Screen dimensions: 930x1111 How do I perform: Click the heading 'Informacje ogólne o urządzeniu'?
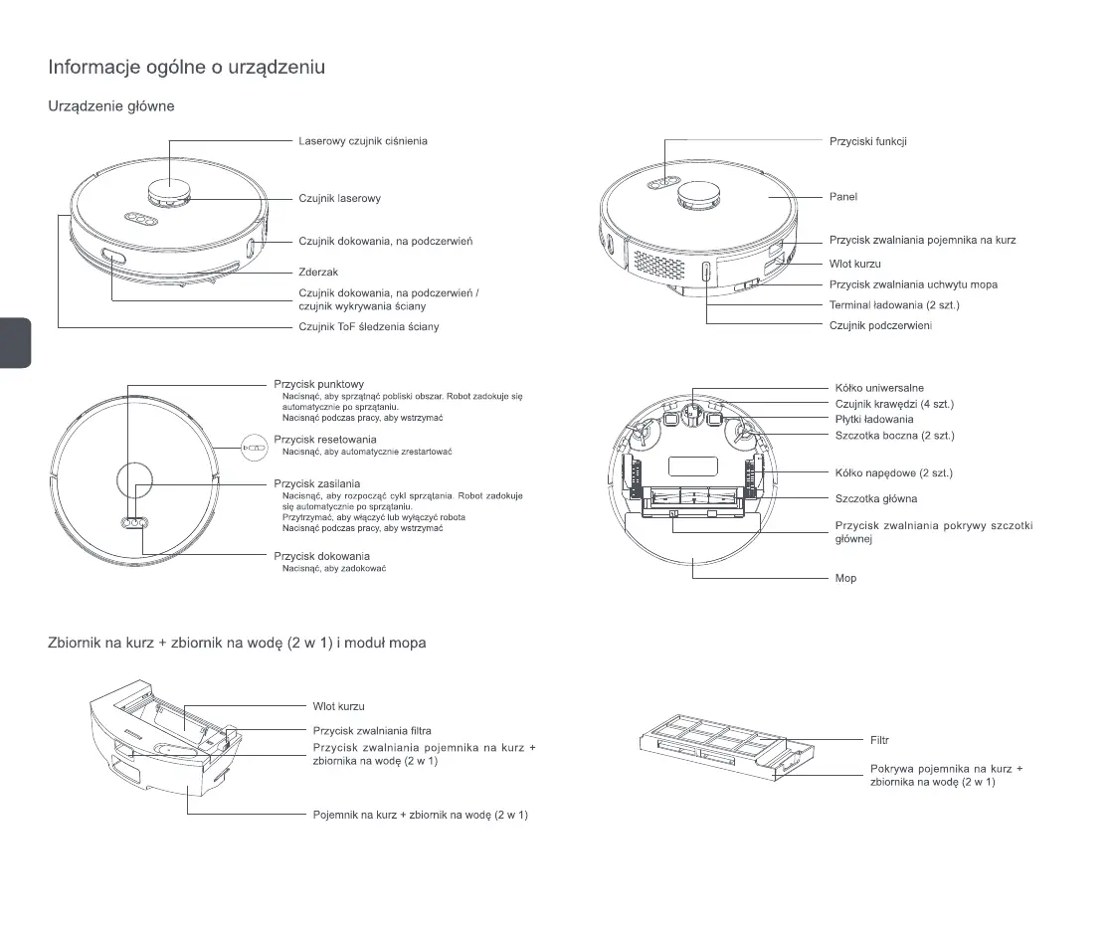[x=187, y=68]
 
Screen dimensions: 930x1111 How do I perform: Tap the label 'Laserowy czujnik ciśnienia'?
[x=363, y=141]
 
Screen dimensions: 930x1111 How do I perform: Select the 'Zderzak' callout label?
[x=318, y=272]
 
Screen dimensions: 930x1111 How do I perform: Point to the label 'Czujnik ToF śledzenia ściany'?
[x=368, y=326]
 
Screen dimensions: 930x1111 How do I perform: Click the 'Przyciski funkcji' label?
[x=867, y=141]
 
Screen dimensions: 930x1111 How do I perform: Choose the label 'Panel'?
[x=842, y=197]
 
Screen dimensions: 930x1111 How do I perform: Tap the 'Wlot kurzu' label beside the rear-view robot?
[x=854, y=264]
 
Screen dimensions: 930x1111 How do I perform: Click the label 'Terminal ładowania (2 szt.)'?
[x=893, y=304]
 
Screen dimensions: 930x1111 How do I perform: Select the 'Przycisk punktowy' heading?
[x=318, y=384]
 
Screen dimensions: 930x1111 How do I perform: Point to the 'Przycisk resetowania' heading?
[x=324, y=440]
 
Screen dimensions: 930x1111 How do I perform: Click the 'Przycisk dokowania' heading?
[x=321, y=556]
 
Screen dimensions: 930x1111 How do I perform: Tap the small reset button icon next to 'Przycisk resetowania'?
[x=256, y=449]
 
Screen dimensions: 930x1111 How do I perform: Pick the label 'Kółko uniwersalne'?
[x=879, y=388]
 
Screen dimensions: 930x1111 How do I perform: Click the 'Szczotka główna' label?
[x=875, y=498]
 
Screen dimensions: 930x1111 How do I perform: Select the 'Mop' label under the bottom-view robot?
[x=845, y=578]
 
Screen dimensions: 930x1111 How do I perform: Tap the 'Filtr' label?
[x=879, y=740]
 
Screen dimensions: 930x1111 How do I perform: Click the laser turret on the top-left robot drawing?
[x=170, y=193]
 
